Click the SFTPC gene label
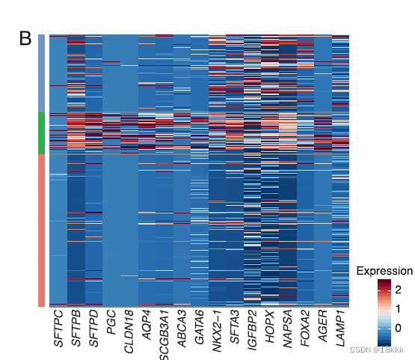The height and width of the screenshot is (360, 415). [58, 329]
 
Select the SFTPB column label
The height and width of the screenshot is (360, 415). [76, 329]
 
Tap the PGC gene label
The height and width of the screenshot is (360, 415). [111, 323]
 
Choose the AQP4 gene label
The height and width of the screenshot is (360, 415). [147, 325]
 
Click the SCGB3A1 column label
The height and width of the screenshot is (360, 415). [165, 335]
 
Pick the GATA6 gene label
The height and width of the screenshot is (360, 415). [200, 327]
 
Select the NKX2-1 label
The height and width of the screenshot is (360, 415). [218, 332]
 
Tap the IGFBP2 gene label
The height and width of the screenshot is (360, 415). [253, 330]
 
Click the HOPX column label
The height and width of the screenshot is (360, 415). [270, 327]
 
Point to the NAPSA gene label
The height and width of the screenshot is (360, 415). [288, 329]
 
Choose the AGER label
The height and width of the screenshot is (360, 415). [323, 326]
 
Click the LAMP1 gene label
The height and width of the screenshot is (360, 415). [341, 329]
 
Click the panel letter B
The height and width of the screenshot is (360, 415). [25, 38]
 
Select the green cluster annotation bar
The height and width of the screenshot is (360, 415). [42, 133]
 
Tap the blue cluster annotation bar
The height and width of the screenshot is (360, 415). [42, 73]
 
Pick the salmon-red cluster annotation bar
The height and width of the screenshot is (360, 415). [42, 231]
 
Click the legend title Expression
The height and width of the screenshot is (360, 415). [384, 271]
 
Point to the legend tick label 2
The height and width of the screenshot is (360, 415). [398, 290]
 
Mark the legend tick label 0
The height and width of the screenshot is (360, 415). [398, 329]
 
